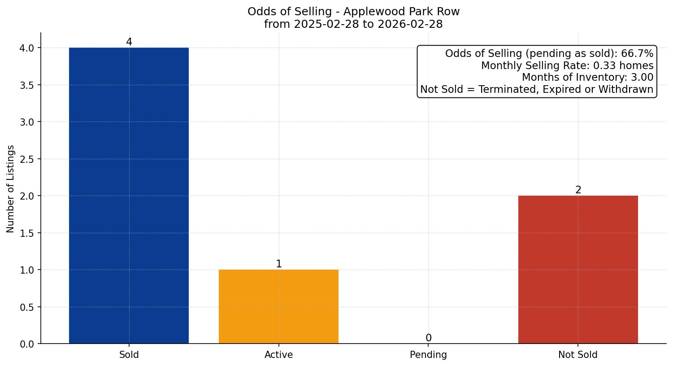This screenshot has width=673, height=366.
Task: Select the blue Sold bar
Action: (129, 196)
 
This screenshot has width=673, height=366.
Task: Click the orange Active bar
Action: (278, 306)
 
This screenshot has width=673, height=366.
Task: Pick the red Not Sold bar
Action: (578, 269)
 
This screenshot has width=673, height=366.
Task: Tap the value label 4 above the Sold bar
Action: (129, 42)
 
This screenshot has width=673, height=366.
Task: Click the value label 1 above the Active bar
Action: (279, 264)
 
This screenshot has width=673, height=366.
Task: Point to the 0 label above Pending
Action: (429, 338)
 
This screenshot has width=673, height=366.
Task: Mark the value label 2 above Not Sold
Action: (578, 190)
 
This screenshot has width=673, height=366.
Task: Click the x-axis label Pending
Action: (428, 355)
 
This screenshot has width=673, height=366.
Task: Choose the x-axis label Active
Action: (278, 355)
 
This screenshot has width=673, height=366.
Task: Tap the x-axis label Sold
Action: (129, 355)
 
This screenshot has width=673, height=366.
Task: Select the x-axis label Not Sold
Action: (577, 355)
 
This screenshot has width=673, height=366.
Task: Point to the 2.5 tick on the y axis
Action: (27, 159)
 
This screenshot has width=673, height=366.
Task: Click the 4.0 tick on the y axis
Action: (27, 48)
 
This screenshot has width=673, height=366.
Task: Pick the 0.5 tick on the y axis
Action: (27, 307)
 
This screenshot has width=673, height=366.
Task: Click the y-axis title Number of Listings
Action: (11, 189)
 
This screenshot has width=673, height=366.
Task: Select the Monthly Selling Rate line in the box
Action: (567, 66)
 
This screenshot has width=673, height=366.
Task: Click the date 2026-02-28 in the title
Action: (410, 24)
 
